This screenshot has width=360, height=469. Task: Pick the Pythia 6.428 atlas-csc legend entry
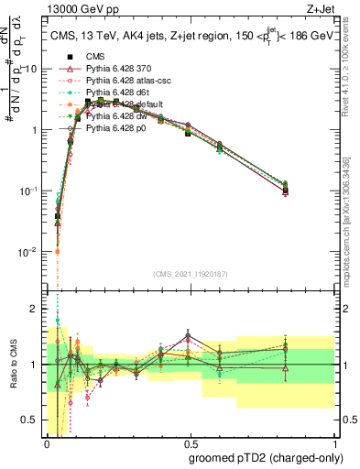coord(127,80)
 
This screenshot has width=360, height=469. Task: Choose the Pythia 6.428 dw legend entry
coord(120,117)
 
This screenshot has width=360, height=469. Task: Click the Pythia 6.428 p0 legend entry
coord(119,130)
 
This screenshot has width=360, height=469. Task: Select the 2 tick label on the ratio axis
coord(34,308)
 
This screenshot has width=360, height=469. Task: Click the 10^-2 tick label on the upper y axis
coord(27,252)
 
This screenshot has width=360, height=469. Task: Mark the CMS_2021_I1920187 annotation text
coord(191,276)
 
